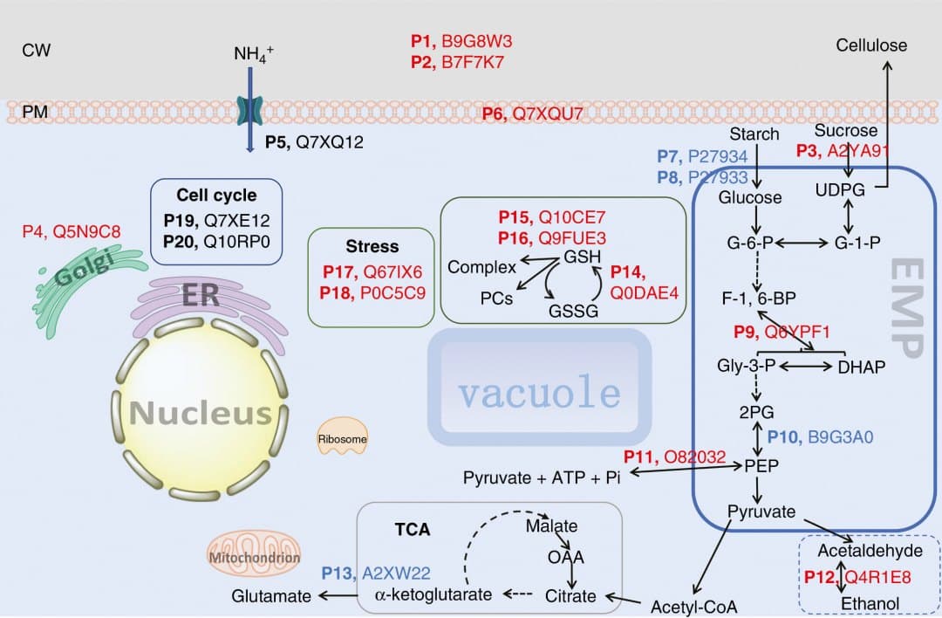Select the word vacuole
[539, 392]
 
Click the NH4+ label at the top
[254, 53]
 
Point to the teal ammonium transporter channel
[249, 111]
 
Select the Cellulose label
[871, 45]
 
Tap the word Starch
[754, 134]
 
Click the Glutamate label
[271, 595]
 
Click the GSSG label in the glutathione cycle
[572, 310]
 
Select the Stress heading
[372, 246]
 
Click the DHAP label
[861, 367]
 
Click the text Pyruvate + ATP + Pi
[541, 477]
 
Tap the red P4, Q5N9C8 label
[71, 231]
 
